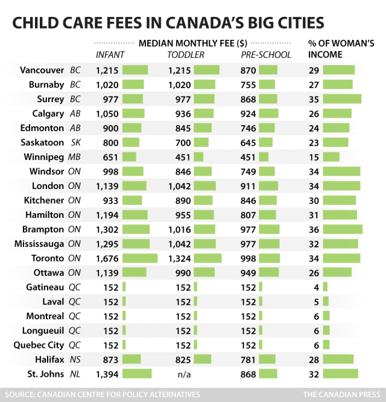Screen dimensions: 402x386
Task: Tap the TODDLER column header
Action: pos(185,56)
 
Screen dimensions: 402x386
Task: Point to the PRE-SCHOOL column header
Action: pos(265,56)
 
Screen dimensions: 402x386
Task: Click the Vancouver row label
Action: pos(42,70)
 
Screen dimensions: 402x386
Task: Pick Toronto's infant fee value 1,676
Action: pos(107,258)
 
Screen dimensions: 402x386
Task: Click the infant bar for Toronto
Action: pos(139,258)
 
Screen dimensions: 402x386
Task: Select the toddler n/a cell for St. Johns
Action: pos(185,374)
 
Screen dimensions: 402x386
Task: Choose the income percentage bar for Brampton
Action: pos(343,229)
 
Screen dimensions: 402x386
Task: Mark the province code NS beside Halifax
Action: pos(75,360)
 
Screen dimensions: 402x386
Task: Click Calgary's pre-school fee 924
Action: pos(248,113)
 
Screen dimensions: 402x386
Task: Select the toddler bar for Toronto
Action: pos(207,258)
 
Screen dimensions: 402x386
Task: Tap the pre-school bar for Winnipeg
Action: pos(264,157)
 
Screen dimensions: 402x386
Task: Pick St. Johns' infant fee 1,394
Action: pos(107,374)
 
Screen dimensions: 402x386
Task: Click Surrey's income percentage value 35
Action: pos(314,99)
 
